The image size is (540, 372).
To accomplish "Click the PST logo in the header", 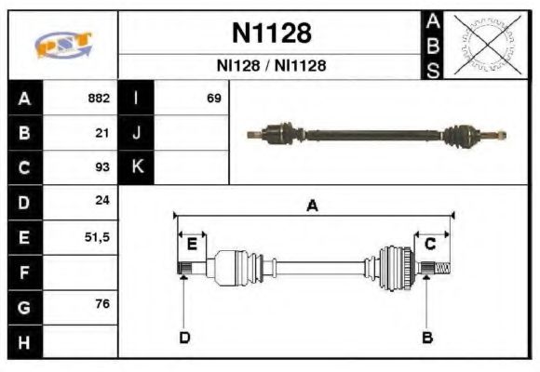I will (62, 44).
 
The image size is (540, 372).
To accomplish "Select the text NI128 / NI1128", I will (271, 66).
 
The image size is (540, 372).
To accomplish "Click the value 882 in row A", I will (98, 98).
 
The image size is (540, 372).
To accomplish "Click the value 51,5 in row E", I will (96, 237).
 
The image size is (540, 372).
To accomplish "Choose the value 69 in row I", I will (213, 98).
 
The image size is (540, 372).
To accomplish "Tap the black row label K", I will (136, 167).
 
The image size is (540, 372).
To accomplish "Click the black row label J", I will (136, 133).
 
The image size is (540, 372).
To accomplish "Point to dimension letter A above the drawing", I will (312, 206).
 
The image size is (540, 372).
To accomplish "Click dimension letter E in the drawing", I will (192, 244).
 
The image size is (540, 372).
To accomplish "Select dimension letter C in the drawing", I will (430, 244).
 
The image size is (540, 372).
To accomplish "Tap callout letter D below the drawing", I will (184, 337).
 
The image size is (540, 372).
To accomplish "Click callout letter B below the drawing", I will (426, 337).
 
